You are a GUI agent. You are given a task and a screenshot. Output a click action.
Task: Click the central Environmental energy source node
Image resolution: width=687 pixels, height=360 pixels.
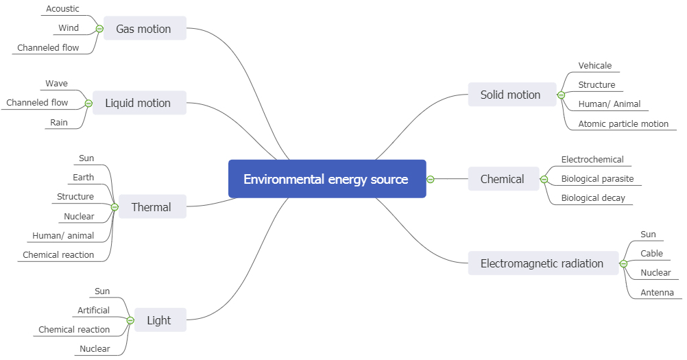(326, 179)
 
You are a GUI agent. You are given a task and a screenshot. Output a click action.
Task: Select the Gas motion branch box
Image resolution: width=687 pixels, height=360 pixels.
(144, 29)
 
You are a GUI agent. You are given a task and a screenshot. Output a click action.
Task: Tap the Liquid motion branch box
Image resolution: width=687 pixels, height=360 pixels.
(138, 103)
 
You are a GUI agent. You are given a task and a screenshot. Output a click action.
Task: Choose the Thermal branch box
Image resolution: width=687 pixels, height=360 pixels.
(152, 207)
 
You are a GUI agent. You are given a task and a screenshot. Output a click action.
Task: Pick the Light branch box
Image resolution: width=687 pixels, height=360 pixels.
(159, 320)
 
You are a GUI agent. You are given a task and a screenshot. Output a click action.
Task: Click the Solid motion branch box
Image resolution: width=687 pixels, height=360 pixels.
(511, 95)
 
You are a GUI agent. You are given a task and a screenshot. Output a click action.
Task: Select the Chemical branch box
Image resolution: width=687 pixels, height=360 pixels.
(503, 179)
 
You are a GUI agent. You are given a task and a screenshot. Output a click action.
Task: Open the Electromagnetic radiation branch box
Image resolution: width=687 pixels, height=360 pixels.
(542, 263)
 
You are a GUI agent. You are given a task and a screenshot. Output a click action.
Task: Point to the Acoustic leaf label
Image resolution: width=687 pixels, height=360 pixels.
(62, 9)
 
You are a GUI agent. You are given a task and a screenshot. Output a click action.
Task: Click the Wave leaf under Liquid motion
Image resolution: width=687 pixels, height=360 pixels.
(57, 84)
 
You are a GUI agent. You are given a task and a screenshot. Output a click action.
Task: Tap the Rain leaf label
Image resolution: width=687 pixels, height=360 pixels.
(59, 123)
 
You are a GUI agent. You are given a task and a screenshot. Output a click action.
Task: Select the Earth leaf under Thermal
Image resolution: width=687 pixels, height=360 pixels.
(84, 178)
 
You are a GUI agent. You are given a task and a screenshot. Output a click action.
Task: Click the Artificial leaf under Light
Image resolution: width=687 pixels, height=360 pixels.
(93, 311)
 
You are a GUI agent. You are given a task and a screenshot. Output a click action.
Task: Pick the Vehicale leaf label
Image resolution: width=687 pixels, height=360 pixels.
(595, 66)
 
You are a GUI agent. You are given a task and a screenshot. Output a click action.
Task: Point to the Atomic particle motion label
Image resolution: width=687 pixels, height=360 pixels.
(623, 124)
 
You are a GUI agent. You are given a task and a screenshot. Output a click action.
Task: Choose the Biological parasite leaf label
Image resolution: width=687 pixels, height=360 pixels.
(597, 179)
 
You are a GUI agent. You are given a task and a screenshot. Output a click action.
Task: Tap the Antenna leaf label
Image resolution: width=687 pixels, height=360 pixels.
(657, 293)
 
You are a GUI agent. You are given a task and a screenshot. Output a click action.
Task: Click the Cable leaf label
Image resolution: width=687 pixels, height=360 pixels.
(651, 254)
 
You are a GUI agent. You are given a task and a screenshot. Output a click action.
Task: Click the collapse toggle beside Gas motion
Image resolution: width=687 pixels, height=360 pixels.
(99, 29)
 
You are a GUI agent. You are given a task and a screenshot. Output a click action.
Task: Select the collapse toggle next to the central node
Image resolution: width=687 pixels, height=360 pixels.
(431, 179)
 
